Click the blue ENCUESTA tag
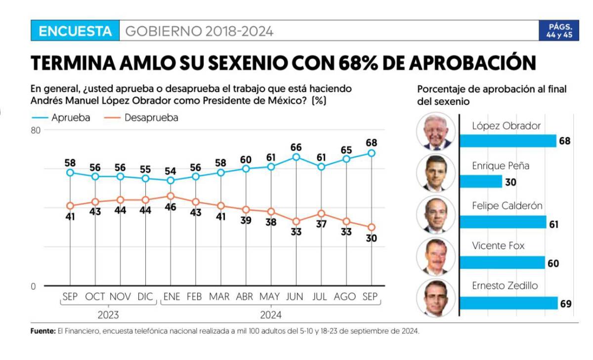[75, 32]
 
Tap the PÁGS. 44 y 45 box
[559, 31]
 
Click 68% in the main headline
[357, 63]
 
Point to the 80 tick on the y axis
[35, 130]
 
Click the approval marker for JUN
[296, 157]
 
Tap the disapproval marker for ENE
[170, 196]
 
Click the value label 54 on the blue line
[170, 171]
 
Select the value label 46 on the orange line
[170, 207]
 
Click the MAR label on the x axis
[219, 297]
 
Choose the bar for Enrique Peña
[481, 182]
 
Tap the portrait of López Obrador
[435, 131]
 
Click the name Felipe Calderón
[507, 206]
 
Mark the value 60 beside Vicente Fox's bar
[553, 263]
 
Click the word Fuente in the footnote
[42, 331]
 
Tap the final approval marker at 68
[372, 153]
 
